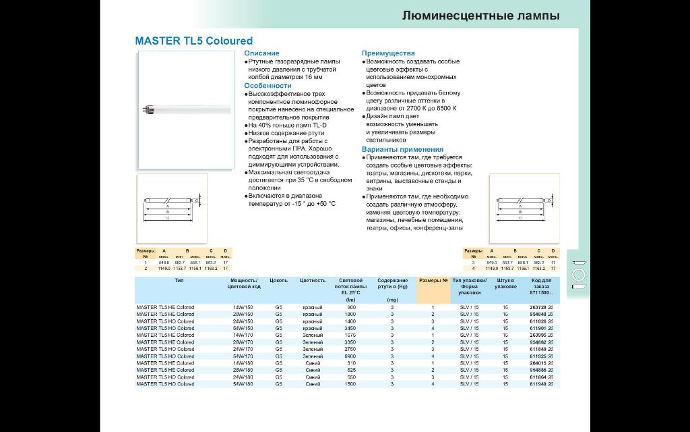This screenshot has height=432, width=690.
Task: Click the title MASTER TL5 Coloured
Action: pos(194,40)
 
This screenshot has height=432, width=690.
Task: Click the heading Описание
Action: pos(261,53)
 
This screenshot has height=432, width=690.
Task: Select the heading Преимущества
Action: pos(388,53)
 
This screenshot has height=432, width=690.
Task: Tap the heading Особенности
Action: pos(268,86)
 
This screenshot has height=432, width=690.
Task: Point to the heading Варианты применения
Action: pos(402,149)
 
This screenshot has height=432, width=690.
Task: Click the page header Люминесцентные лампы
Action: pos(481,16)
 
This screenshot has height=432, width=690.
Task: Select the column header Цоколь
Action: pos(278,280)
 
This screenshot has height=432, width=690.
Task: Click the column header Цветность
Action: pos(313,280)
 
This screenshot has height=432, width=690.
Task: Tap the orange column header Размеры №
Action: pos(433,280)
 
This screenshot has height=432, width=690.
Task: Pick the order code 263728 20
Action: pos(542,307)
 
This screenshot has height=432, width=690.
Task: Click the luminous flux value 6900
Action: pos(351,356)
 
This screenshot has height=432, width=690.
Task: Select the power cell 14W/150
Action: pos(243,307)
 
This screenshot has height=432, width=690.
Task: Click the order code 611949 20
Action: pos(542,383)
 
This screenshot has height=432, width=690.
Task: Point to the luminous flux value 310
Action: pos(351,362)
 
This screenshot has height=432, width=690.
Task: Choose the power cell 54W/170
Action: pos(243,356)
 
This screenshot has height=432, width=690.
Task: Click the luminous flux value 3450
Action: pos(351,327)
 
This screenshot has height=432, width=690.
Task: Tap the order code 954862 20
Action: pos(542,342)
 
